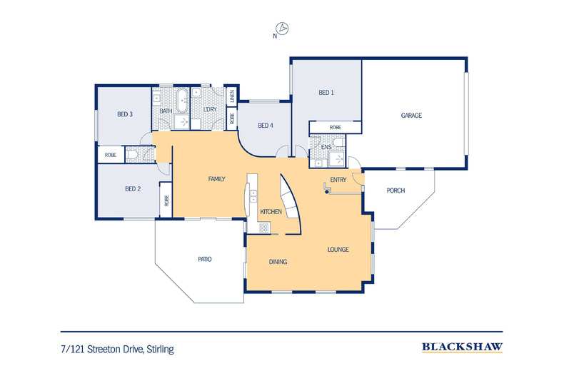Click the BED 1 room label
(326, 93)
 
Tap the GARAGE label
(411, 115)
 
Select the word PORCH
(396, 190)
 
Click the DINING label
(278, 262)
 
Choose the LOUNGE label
(338, 250)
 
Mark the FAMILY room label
(217, 179)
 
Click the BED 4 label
(265, 126)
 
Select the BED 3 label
(126, 113)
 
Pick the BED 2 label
(133, 189)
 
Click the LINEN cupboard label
(231, 95)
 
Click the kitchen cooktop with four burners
(263, 228)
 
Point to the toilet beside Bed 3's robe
(134, 154)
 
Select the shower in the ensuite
(336, 159)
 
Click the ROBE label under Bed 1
(335, 127)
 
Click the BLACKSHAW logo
(462, 347)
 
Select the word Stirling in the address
(161, 350)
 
